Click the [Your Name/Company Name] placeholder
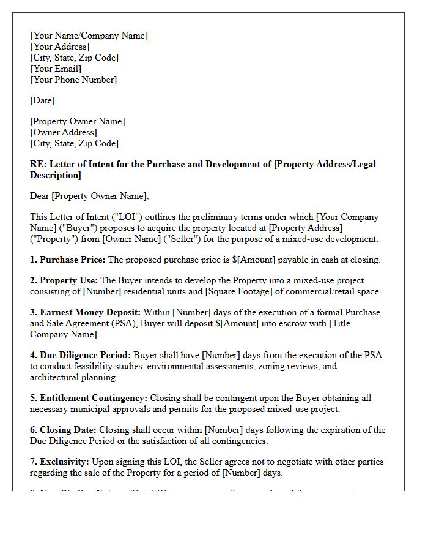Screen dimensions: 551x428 pos(89,36)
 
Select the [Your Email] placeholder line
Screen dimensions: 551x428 pos(56,69)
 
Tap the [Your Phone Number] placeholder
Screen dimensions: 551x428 pos(73,80)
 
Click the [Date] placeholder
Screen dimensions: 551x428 pos(42,100)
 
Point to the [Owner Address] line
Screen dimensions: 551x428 pos(64,132)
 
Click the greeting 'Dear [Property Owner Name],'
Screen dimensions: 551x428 pos(89,196)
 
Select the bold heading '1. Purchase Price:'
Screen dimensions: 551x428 pos(67,260)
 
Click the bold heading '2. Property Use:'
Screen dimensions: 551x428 pos(64,280)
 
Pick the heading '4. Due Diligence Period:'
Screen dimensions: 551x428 pos(80,355)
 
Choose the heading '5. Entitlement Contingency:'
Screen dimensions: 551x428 pos(89,398)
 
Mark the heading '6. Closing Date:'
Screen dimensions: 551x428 pos(64,430)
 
